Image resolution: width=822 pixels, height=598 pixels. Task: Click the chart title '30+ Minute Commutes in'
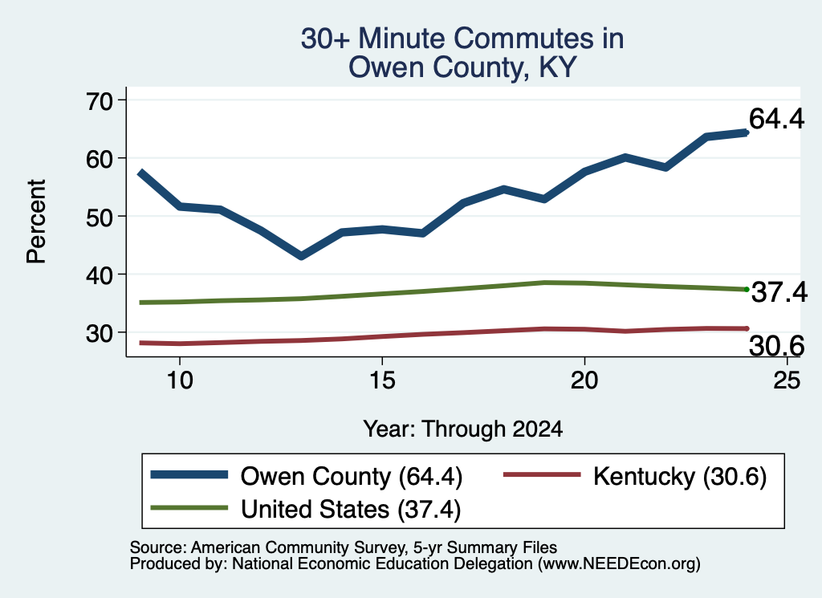click(462, 39)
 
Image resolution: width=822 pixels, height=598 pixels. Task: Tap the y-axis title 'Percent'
click(37, 222)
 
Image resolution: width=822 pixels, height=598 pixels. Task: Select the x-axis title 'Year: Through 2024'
click(463, 429)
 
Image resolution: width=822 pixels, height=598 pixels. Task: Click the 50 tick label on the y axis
click(100, 217)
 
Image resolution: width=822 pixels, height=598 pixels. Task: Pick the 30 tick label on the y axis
click(100, 333)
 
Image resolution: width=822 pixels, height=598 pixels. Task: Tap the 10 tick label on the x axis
click(180, 380)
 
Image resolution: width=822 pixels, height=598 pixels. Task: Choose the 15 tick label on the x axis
click(382, 380)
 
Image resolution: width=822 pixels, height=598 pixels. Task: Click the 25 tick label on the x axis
click(787, 380)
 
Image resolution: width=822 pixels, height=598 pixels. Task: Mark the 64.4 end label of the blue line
click(776, 119)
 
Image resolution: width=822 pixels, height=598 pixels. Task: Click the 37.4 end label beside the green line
click(779, 292)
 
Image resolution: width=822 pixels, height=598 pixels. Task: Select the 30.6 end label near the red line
click(776, 346)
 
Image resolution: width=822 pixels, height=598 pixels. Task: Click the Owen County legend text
click(352, 477)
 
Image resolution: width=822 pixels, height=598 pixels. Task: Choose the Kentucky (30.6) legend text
click(680, 477)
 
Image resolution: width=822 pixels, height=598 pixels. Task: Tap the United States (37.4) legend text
click(351, 509)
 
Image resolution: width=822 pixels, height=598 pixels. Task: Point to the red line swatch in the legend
click(542, 475)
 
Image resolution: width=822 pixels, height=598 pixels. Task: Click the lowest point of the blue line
click(301, 256)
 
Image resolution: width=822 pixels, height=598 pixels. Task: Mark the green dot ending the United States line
click(747, 289)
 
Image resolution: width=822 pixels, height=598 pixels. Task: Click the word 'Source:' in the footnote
click(158, 547)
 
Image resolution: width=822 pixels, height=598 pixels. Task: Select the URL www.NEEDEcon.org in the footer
click(619, 563)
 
